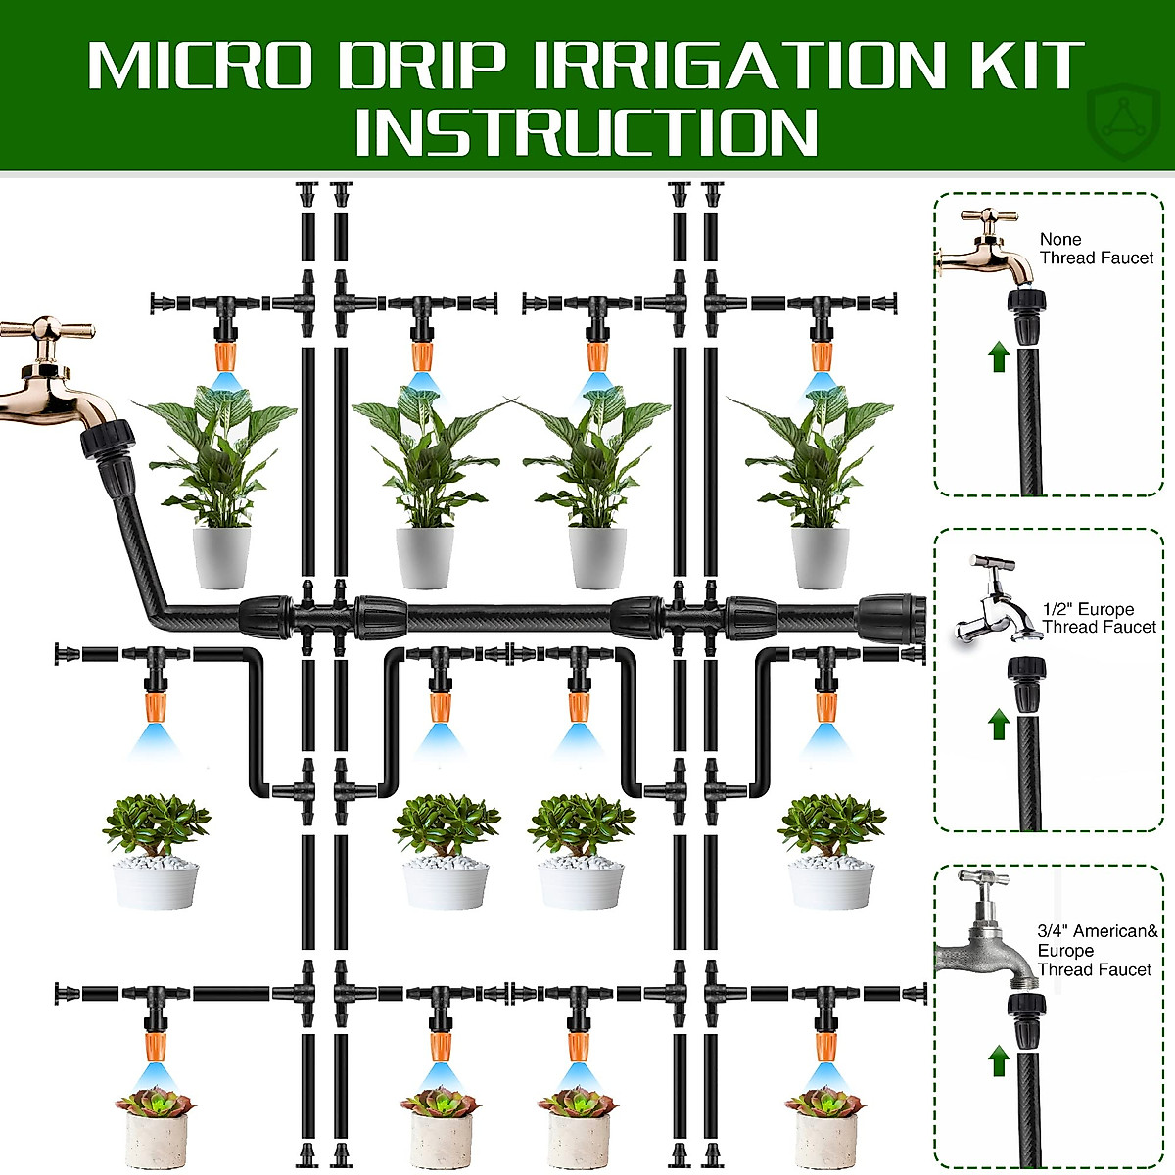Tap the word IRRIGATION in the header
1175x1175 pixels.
coord(765,65)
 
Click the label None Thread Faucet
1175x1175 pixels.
coord(1096,249)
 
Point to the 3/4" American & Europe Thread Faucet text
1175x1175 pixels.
coord(1096,950)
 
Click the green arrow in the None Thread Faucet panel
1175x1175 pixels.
coord(998,356)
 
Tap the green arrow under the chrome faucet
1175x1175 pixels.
coord(998,725)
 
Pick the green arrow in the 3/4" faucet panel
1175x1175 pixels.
coord(998,1059)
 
